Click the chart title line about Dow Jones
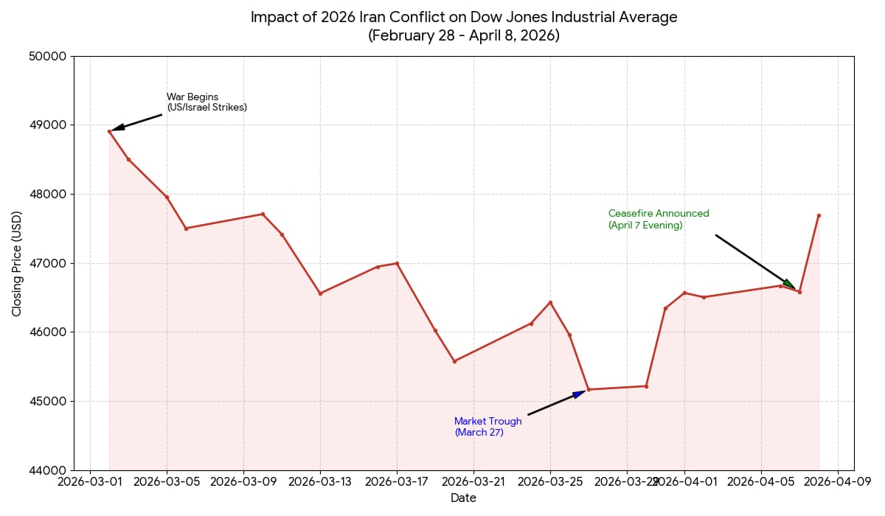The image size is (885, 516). pos(464,17)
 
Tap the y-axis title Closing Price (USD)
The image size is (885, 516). pos(17,263)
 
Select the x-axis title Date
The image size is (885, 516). pos(464,498)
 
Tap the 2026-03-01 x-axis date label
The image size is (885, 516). pos(90,482)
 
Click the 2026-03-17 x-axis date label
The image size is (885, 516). pos(397,482)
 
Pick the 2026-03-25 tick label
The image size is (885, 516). pos(550,482)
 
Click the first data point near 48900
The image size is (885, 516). pos(109,131)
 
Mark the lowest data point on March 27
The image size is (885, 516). pos(589,389)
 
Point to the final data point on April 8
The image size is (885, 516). pos(819,215)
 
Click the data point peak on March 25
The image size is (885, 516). pos(550,302)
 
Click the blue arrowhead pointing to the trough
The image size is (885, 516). pos(580,394)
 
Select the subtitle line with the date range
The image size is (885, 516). pos(464,35)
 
